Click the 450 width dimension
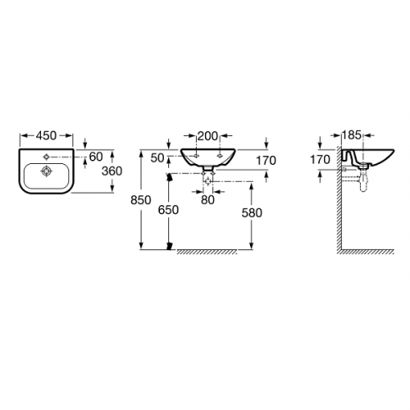click(46, 136)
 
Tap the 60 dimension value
click(96, 157)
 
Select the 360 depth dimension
click(112, 171)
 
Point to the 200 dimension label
click(207, 136)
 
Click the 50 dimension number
click(157, 158)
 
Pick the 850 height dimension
click(141, 200)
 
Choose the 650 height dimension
click(168, 210)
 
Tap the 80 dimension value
click(207, 200)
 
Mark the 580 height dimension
click(252, 213)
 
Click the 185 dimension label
click(352, 135)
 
